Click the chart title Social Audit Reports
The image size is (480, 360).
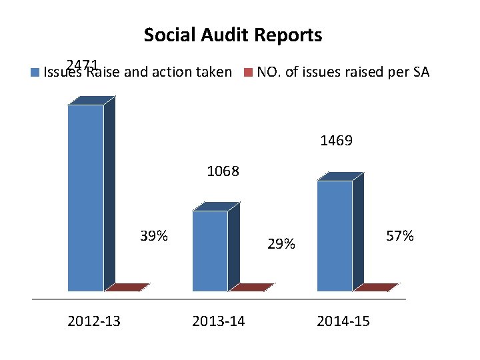pyautogui.click(x=233, y=35)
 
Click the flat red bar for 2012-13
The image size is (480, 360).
pyautogui.click(x=127, y=287)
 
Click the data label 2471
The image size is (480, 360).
pyautogui.click(x=83, y=65)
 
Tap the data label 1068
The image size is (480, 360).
pyautogui.click(x=223, y=171)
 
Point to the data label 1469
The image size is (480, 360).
pyautogui.click(x=337, y=141)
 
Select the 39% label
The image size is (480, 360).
pyautogui.click(x=153, y=236)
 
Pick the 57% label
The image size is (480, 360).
pyautogui.click(x=400, y=236)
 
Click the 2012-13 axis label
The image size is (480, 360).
pyautogui.click(x=94, y=321)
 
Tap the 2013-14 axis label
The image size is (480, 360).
pyautogui.click(x=218, y=321)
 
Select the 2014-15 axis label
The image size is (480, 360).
pyautogui.click(x=343, y=321)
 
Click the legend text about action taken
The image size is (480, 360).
pyautogui.click(x=137, y=72)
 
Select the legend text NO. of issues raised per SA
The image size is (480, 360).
pyautogui.click(x=343, y=72)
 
